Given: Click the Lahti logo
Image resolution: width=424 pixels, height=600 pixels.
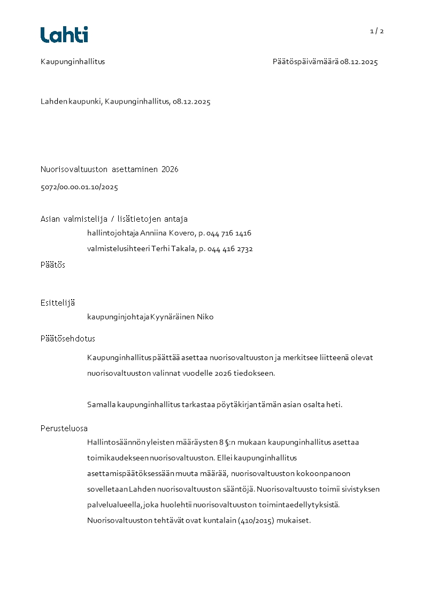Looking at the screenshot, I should pos(64,35).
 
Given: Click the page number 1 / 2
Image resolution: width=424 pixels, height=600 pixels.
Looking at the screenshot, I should pos(377,31).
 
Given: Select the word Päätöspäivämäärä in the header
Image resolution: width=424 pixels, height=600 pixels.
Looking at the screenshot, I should pos(305,61).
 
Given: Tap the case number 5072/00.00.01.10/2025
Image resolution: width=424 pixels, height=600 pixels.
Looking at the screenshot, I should pos(79,188).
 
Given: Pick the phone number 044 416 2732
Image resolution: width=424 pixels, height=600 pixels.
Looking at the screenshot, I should pos(230,249).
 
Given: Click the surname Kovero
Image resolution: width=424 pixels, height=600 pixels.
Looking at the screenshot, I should pos(183,233).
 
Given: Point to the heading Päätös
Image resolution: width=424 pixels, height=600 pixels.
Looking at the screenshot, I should pos(53,265).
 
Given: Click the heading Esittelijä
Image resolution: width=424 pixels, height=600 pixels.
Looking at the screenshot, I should pos(58,303).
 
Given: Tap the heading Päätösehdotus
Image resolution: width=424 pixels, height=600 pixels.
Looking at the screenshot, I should pos(68,339).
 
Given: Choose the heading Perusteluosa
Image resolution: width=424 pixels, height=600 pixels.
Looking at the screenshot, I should pos(64,428).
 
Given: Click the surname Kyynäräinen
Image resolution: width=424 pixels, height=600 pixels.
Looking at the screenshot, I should pos(172,317).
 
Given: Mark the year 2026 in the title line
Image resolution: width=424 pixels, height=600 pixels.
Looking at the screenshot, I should pos(169,169).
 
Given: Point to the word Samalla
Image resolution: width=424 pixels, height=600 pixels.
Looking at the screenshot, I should pos(101,404).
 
